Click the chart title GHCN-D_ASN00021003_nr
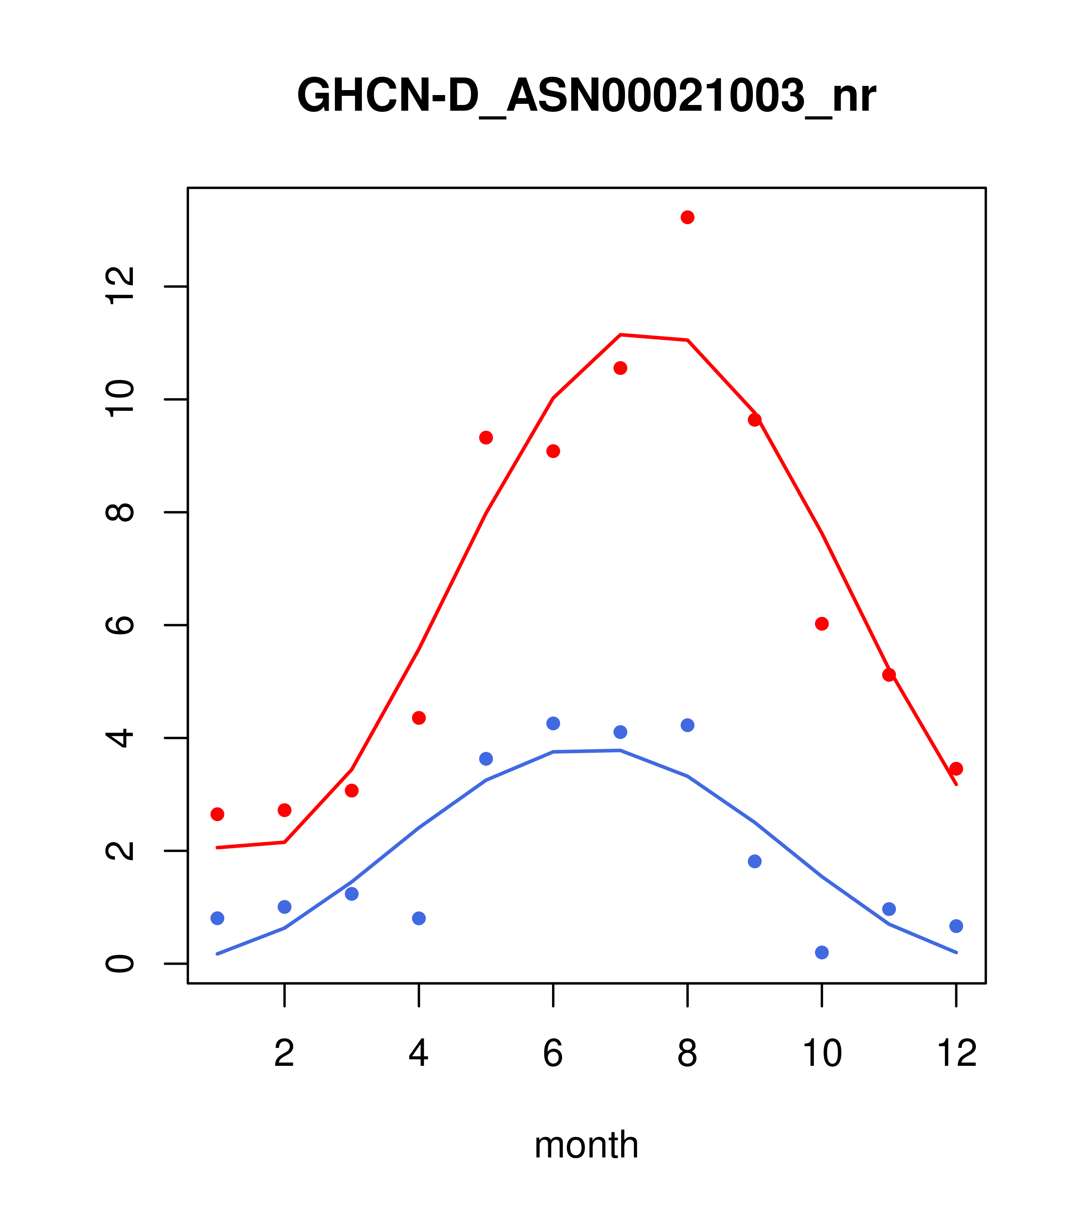[586, 96]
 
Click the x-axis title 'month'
[586, 1144]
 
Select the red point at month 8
[687, 217]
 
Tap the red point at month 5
[486, 437]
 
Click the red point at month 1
[217, 814]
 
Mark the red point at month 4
[418, 718]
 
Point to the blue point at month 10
[822, 952]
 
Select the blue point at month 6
[553, 723]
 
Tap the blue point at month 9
[754, 862]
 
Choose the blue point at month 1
[217, 918]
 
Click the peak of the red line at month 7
[620, 335]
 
